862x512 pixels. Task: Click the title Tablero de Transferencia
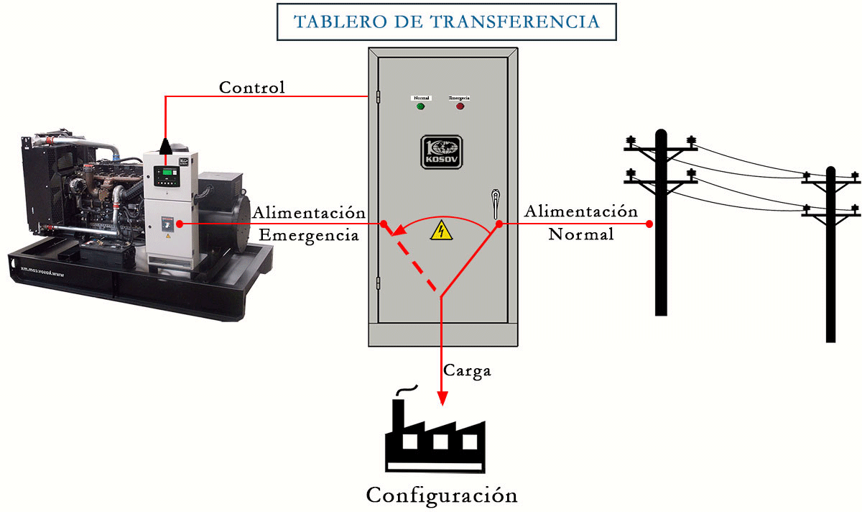pos(446,21)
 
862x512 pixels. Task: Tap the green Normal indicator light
pos(420,106)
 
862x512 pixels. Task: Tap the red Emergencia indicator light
pos(460,106)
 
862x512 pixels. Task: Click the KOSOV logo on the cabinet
pos(442,152)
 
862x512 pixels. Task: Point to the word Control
pos(252,88)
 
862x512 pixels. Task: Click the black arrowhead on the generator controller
pos(166,147)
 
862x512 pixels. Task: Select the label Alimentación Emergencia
pos(309,224)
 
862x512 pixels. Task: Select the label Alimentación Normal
pos(580,222)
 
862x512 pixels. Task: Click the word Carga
pos(467,371)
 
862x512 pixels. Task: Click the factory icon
pos(434,436)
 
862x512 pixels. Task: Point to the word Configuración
pos(442,495)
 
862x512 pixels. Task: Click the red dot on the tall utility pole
pos(649,224)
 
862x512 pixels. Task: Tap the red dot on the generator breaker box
pos(179,224)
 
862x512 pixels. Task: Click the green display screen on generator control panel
pos(170,174)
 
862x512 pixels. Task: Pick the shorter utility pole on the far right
pos(830,252)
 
